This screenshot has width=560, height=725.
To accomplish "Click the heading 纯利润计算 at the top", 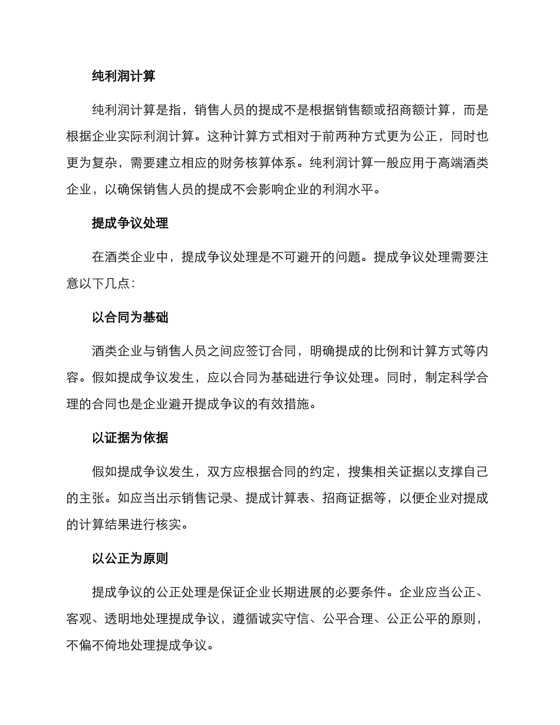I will [124, 76].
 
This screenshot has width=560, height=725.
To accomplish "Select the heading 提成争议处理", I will [130, 223].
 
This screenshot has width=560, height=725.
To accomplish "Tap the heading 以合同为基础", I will [130, 317].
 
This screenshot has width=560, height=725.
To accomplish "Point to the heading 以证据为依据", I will [130, 437].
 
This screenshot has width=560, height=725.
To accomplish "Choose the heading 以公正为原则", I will [130, 558].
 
